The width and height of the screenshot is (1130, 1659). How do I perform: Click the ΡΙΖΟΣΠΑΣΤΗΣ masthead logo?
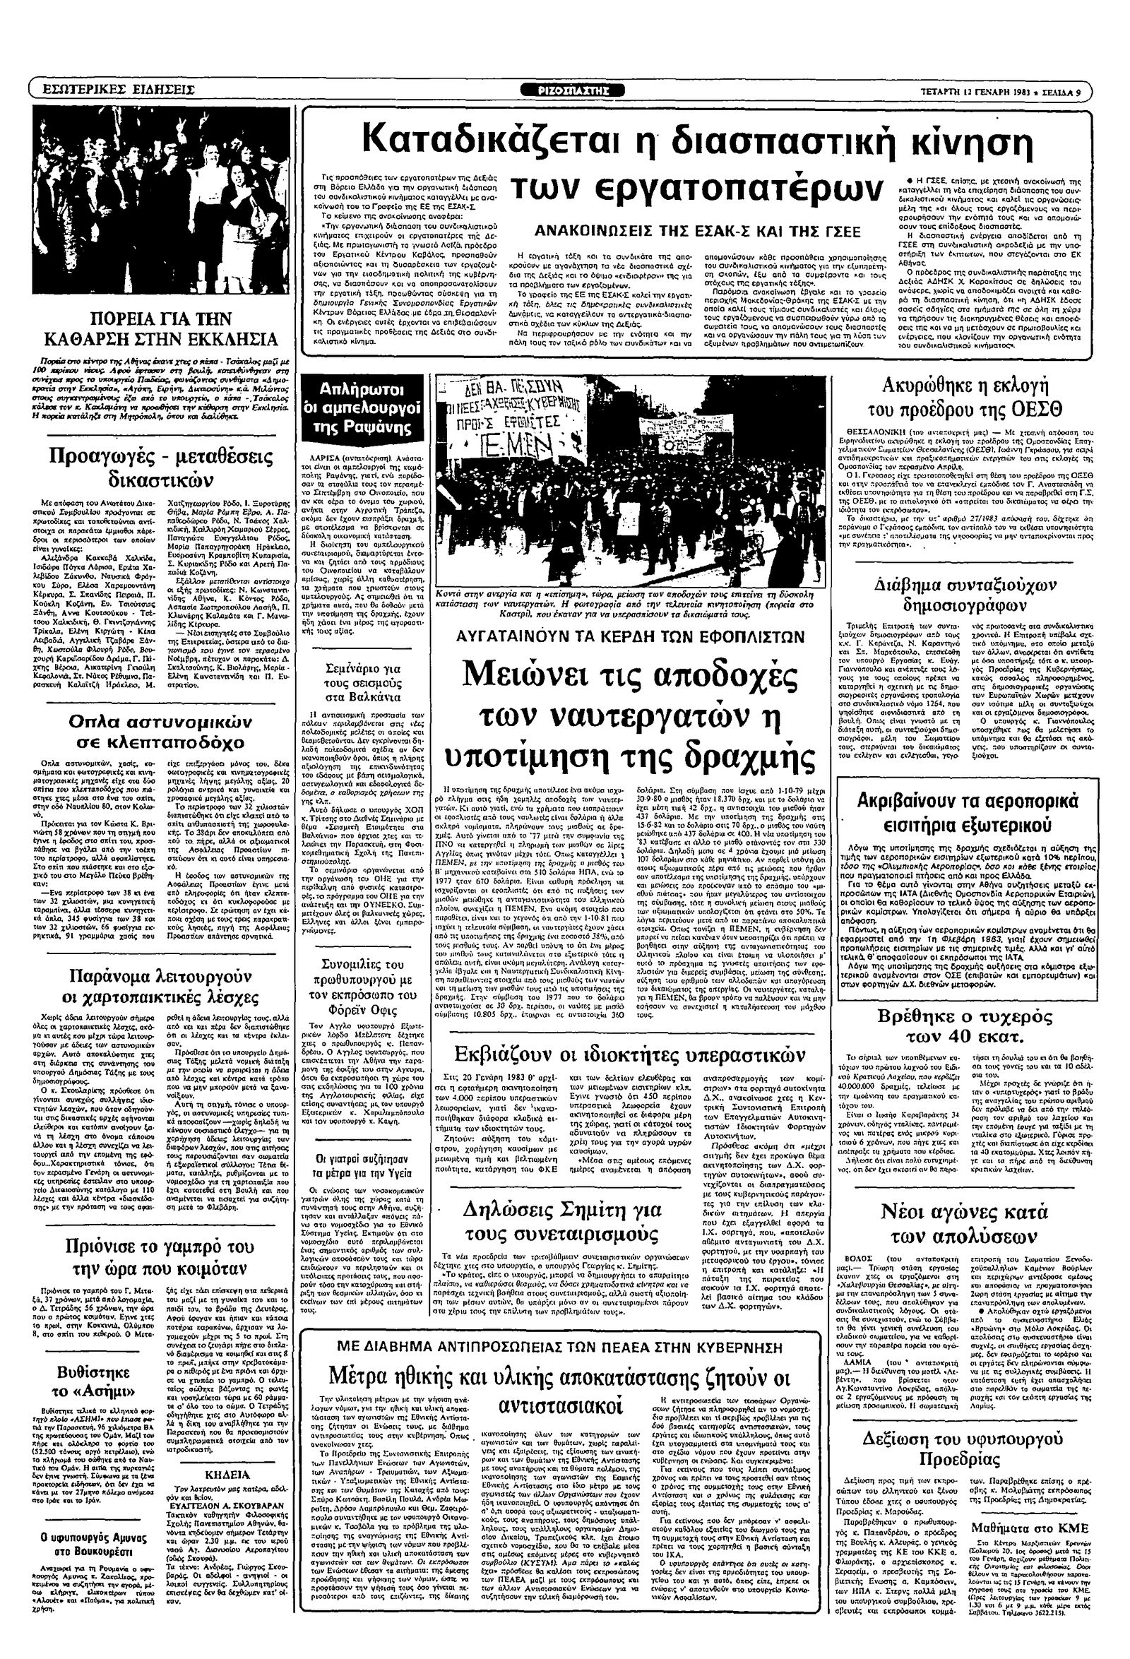point(582,90)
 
